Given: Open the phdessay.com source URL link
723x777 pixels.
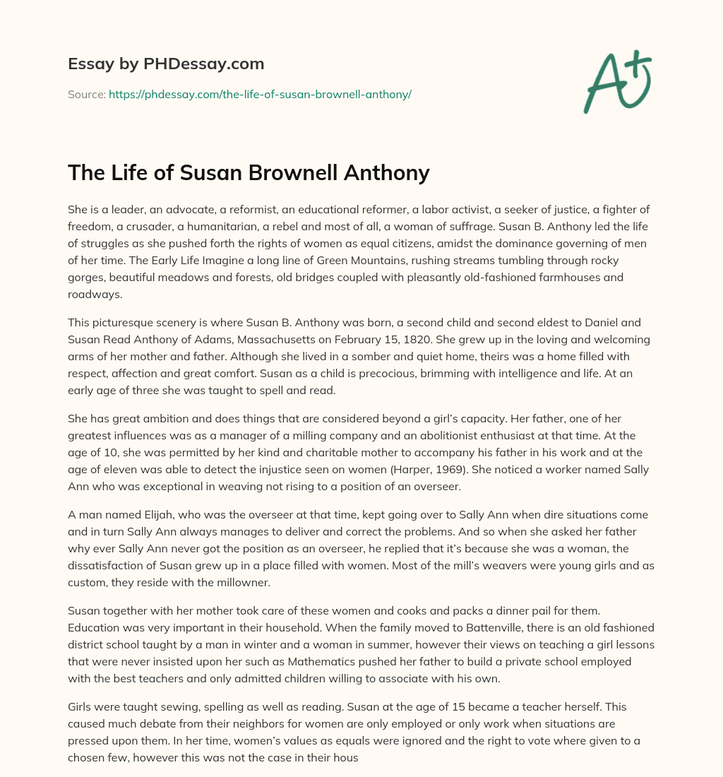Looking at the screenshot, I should click(x=260, y=94).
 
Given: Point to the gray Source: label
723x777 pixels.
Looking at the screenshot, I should click(x=87, y=94).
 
